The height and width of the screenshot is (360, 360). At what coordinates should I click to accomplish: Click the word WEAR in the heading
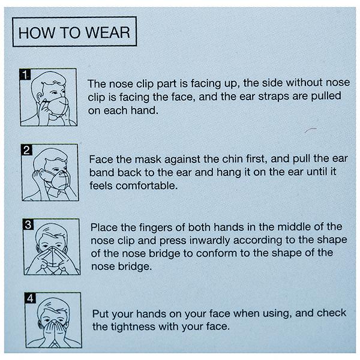point(107,32)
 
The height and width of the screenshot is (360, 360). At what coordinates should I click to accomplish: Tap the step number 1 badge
point(25,74)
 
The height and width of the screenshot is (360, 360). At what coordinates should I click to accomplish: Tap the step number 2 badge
point(26,150)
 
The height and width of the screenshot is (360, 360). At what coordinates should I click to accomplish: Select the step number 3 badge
point(28,224)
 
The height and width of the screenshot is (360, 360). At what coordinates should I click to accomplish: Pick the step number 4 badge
point(30,298)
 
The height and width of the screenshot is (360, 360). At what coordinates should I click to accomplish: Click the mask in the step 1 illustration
point(58,106)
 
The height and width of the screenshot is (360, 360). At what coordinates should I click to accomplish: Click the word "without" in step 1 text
point(304,83)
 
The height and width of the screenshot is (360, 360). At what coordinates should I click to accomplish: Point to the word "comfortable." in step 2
point(147,186)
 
